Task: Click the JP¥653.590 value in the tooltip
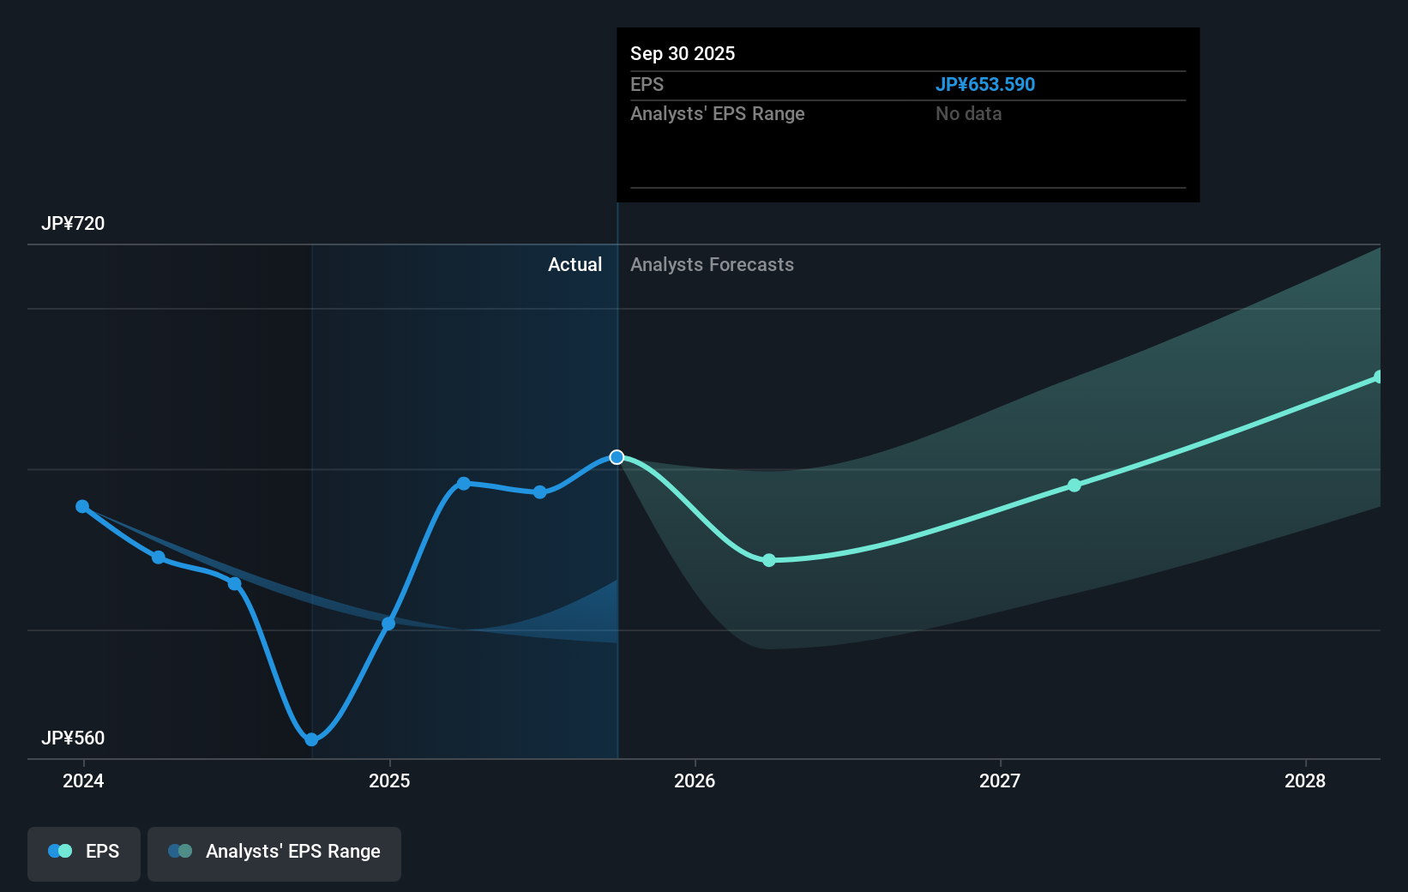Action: point(984,84)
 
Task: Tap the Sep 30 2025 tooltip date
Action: point(683,53)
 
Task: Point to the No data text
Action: point(968,113)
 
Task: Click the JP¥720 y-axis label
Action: point(73,223)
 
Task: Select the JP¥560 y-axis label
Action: point(73,738)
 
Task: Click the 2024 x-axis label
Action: point(83,780)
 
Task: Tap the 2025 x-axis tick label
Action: point(389,780)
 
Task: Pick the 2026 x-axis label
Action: point(695,780)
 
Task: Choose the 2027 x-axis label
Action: point(1000,780)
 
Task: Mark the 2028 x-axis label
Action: point(1305,780)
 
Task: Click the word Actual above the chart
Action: point(575,264)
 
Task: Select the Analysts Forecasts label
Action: point(712,264)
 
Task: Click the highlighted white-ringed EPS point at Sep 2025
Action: point(617,457)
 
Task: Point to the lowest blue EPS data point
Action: point(311,739)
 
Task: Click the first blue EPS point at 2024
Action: point(82,507)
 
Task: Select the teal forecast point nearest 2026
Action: point(769,560)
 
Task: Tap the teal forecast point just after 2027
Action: point(1074,485)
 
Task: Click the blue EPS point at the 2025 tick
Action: point(388,624)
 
